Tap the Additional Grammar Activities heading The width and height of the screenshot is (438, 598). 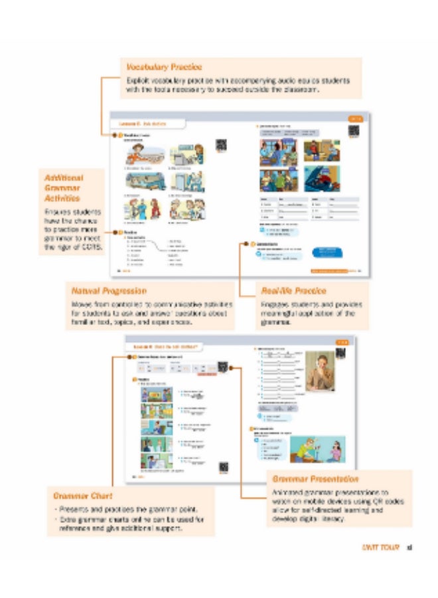[x=64, y=188]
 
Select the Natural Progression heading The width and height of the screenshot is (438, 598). [x=108, y=290]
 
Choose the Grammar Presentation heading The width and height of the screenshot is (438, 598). [x=315, y=478]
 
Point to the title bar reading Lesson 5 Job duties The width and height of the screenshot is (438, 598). [x=142, y=124]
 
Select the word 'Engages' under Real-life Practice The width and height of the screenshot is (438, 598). [x=270, y=304]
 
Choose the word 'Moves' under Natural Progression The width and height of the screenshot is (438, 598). [x=82, y=304]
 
